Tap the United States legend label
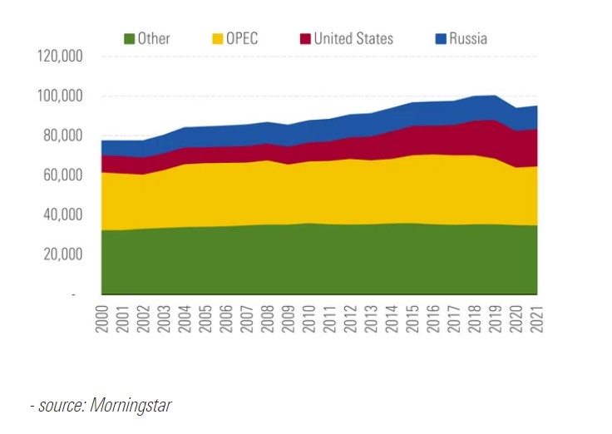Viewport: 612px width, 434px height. click(x=353, y=38)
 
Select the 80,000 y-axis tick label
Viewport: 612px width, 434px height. click(x=62, y=136)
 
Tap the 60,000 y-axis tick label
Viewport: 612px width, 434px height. click(x=62, y=175)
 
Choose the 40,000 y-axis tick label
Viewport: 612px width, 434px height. click(x=62, y=215)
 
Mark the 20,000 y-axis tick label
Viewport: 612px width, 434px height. click(x=62, y=254)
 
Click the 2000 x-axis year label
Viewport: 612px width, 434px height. click(x=103, y=318)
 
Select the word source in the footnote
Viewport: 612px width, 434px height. click(x=60, y=406)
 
